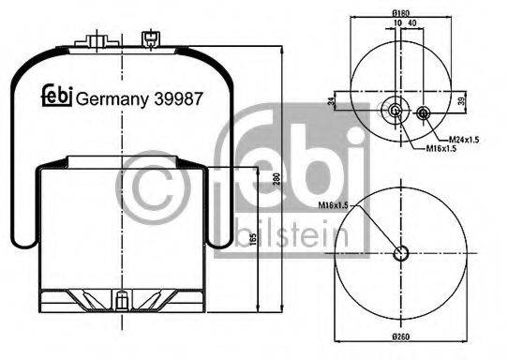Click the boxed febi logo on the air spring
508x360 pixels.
[56, 97]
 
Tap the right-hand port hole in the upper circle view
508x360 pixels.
[424, 114]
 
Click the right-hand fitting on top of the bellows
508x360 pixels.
[149, 38]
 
